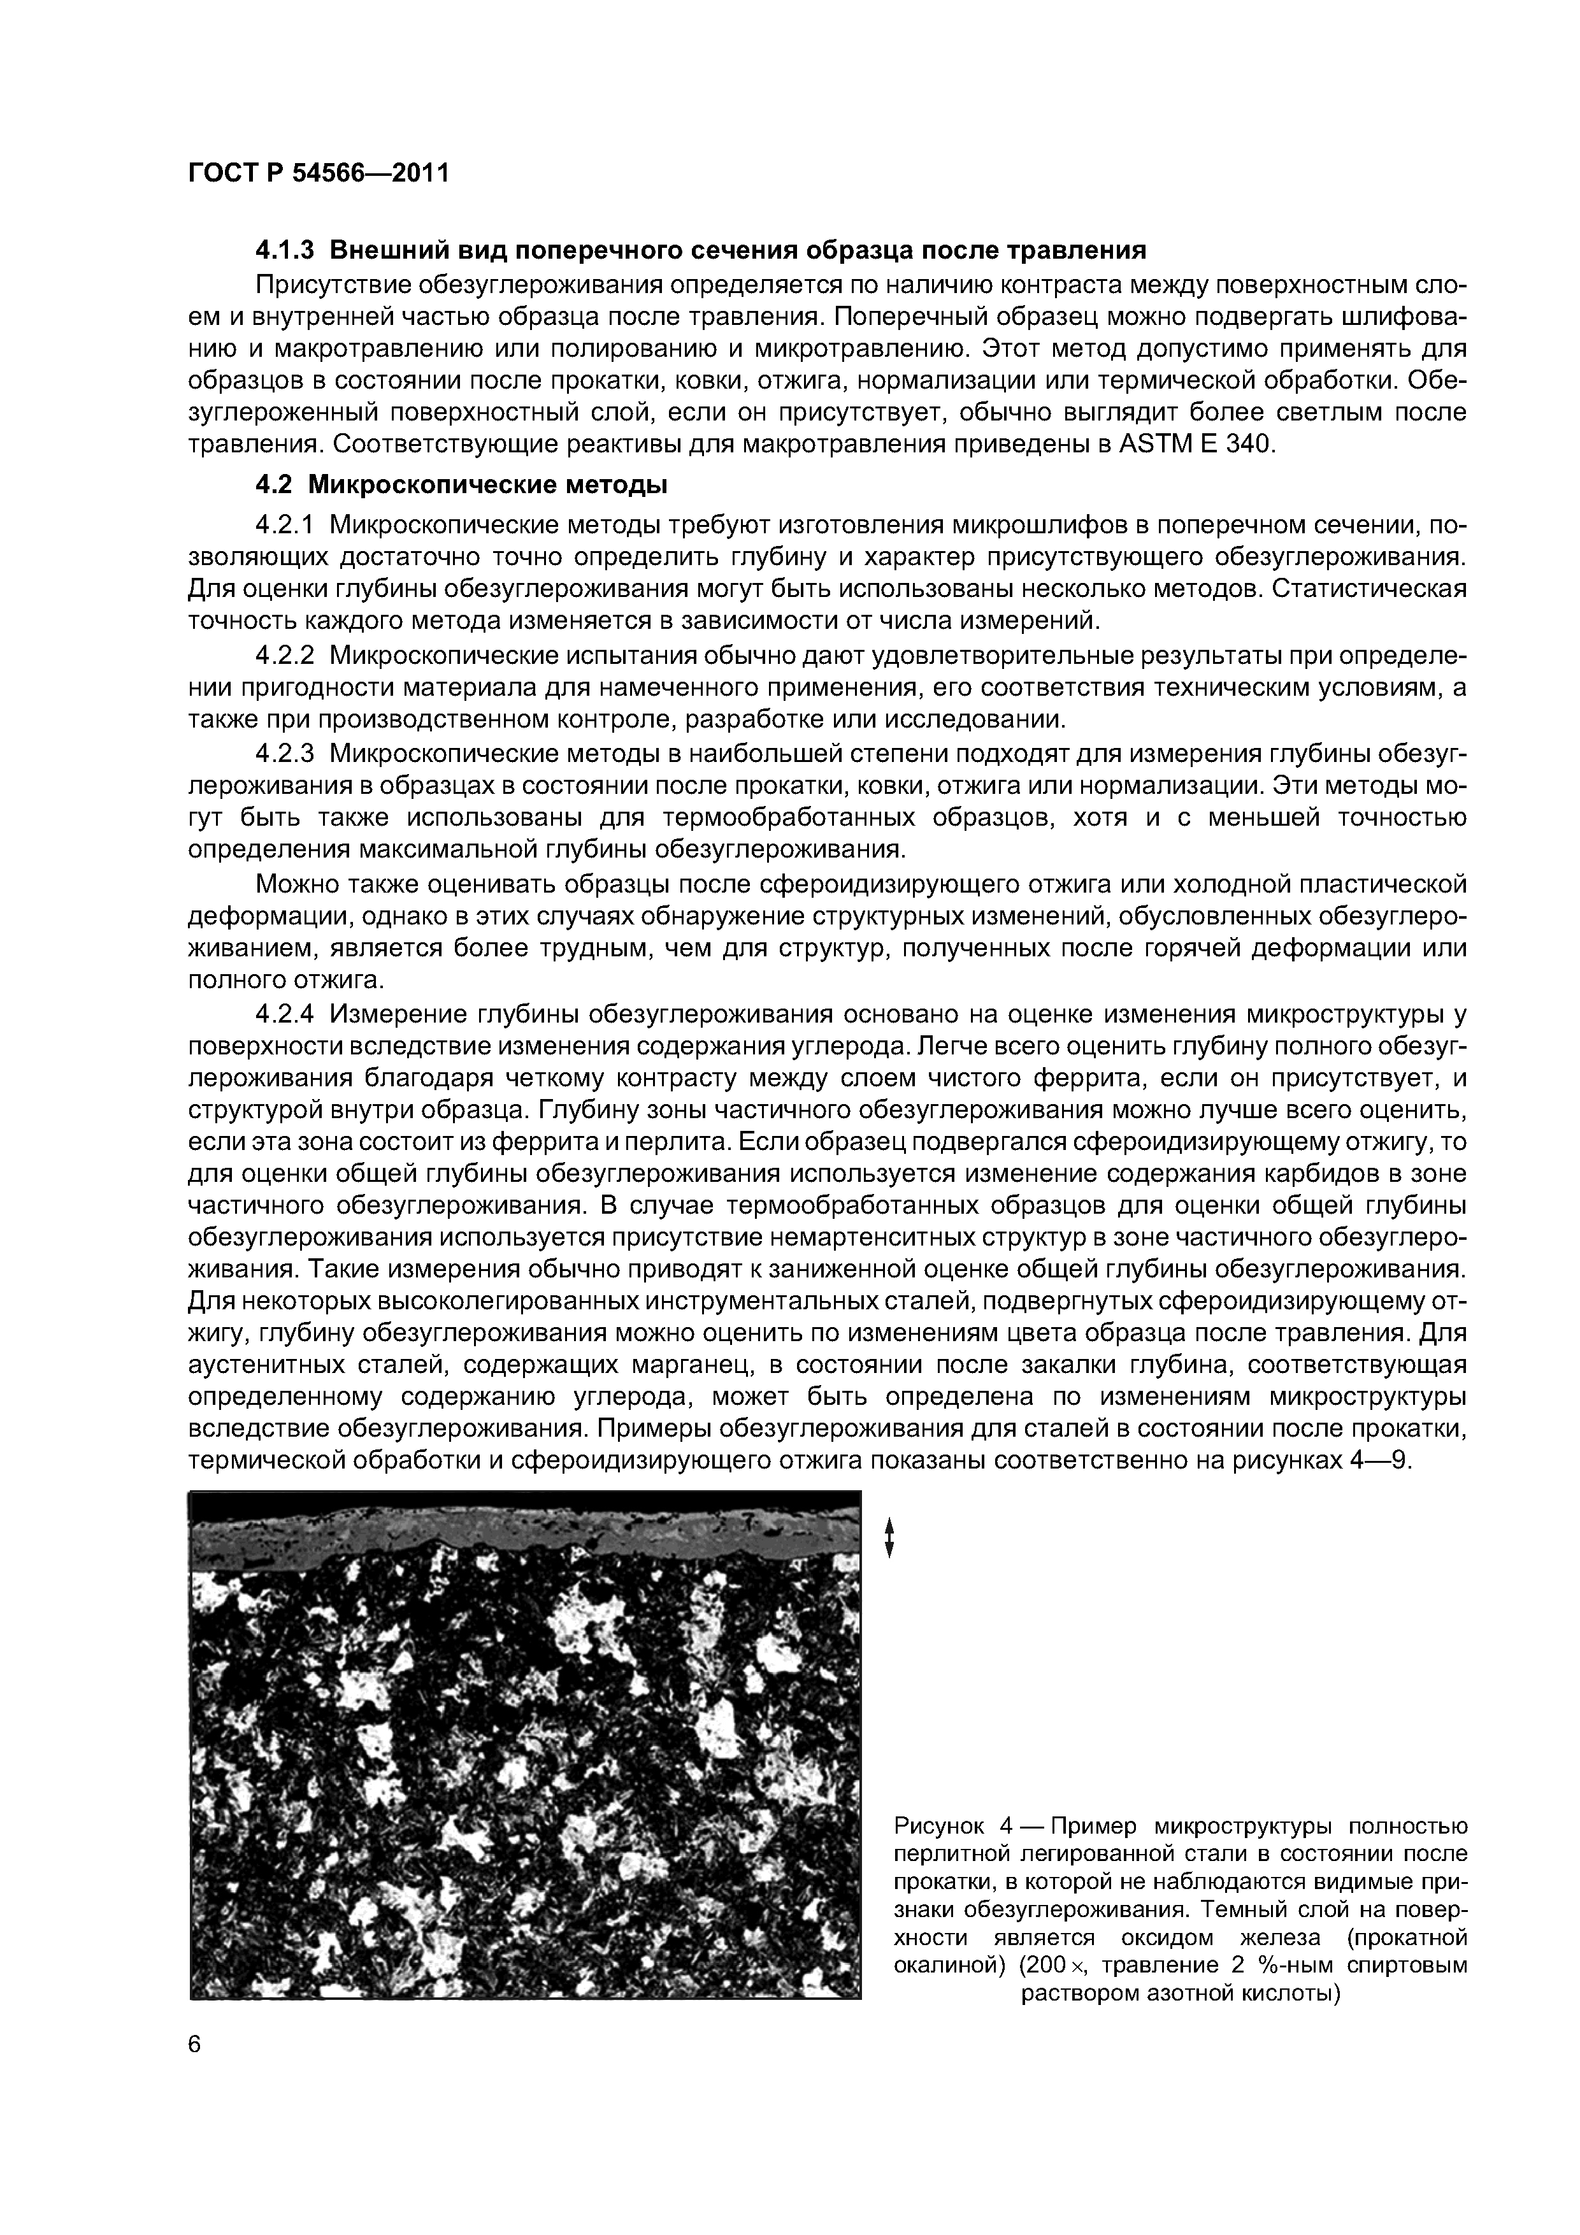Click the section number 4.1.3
284,250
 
